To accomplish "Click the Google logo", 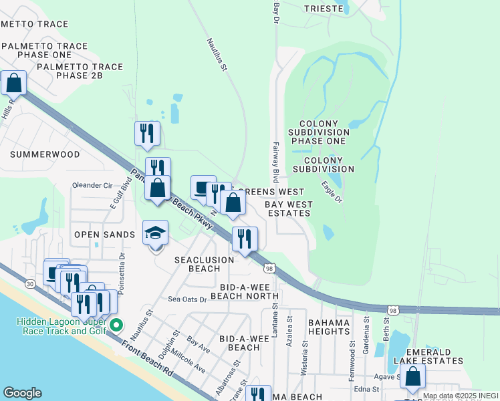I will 22,393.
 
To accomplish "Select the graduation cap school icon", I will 156,233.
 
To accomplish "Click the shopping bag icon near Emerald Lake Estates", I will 413,378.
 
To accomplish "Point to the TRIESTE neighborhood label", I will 324,9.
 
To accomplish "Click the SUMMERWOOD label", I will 45,154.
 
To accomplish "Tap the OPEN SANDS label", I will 104,235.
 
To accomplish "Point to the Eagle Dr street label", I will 332,192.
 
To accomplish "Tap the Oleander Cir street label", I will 92,185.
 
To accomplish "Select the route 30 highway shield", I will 31,284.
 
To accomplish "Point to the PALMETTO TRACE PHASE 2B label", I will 80,72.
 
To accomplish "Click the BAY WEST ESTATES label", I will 287,209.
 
